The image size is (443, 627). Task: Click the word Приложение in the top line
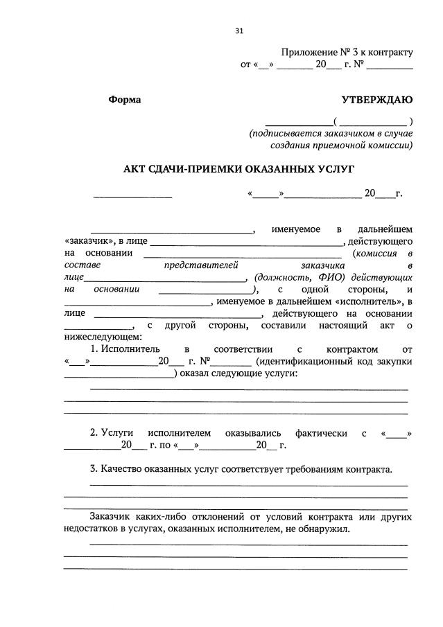click(x=309, y=53)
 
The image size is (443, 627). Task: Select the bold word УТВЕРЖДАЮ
click(x=377, y=100)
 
